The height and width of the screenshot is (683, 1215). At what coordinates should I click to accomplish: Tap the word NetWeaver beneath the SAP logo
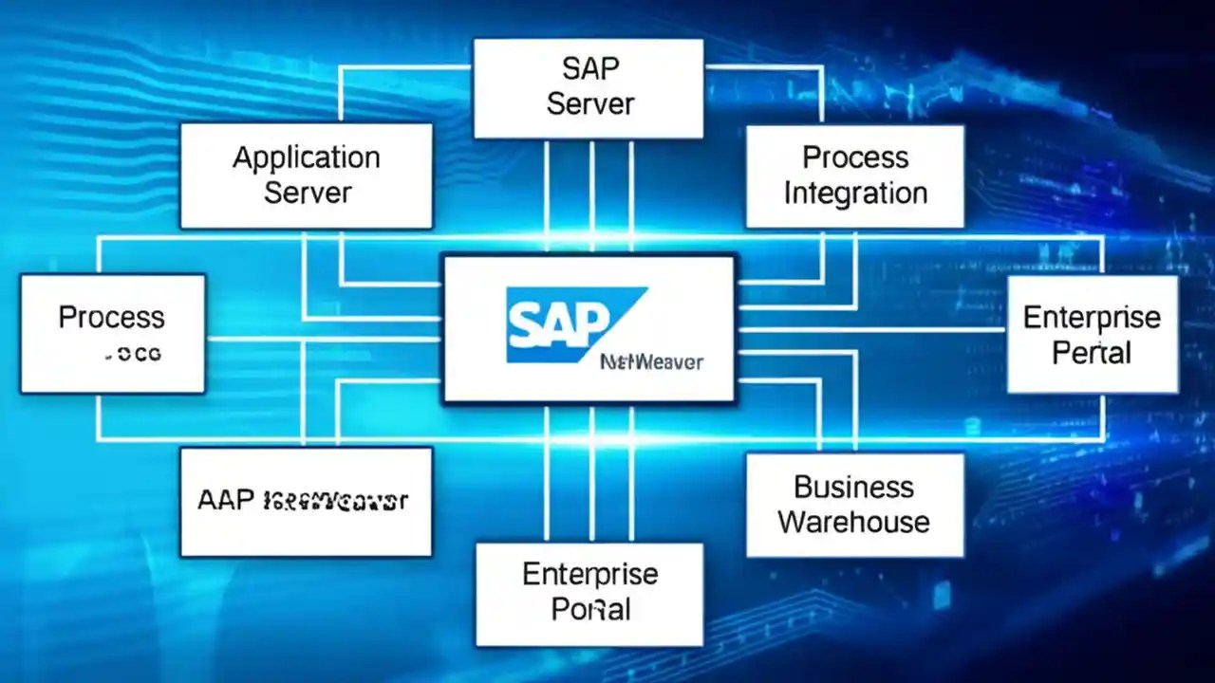tap(651, 361)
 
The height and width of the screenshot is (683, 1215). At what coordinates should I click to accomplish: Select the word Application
tap(307, 157)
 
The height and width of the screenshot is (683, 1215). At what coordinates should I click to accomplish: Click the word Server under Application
tap(308, 193)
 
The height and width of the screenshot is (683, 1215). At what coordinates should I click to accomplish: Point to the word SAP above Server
tap(589, 68)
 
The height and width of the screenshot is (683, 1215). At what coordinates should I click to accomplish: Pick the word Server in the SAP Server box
tap(589, 103)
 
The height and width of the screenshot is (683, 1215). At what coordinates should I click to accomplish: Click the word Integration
tap(854, 193)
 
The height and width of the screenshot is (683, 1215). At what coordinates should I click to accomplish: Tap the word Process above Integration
tap(854, 157)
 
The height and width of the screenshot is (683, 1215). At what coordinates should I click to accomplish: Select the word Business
tap(853, 487)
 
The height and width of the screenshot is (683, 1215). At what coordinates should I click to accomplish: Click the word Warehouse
tap(853, 522)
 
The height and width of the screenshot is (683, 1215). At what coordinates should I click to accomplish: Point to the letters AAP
tap(226, 500)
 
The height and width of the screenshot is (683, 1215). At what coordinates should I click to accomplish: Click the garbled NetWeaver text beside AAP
tap(335, 500)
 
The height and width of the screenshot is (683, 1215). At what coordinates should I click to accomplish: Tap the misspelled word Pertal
tap(1092, 353)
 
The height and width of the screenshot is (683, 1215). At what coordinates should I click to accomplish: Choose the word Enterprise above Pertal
tap(1092, 317)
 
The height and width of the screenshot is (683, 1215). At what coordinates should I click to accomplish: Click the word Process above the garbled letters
tap(111, 317)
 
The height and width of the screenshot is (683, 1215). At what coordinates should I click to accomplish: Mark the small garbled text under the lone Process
tap(133, 355)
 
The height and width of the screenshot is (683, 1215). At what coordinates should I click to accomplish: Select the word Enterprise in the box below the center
tap(589, 574)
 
